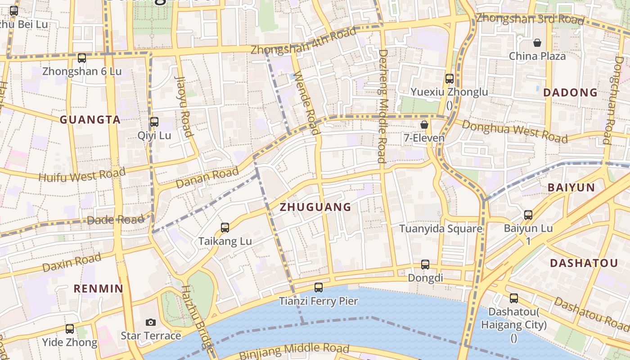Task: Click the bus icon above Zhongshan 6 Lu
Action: pyautogui.click(x=81, y=58)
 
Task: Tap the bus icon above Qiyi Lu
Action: pyautogui.click(x=154, y=121)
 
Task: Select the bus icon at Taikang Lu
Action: pyautogui.click(x=225, y=228)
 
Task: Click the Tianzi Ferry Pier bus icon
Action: pyautogui.click(x=319, y=287)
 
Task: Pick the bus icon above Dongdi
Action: pyautogui.click(x=425, y=265)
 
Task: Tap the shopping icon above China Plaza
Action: pyautogui.click(x=537, y=43)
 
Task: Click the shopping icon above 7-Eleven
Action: pyautogui.click(x=424, y=125)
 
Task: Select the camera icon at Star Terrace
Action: pyautogui.click(x=151, y=322)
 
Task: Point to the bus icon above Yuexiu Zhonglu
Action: pyautogui.click(x=449, y=79)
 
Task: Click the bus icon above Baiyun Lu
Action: pyautogui.click(x=528, y=215)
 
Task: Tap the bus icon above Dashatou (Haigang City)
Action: pyautogui.click(x=513, y=298)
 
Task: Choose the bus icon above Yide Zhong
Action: pyautogui.click(x=70, y=329)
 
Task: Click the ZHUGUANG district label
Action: pyautogui.click(x=315, y=207)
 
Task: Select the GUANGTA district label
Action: pyautogui.click(x=90, y=120)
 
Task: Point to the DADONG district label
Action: pyautogui.click(x=570, y=93)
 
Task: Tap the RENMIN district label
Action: pyautogui.click(x=98, y=289)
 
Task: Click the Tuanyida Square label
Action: pyautogui.click(x=441, y=229)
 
